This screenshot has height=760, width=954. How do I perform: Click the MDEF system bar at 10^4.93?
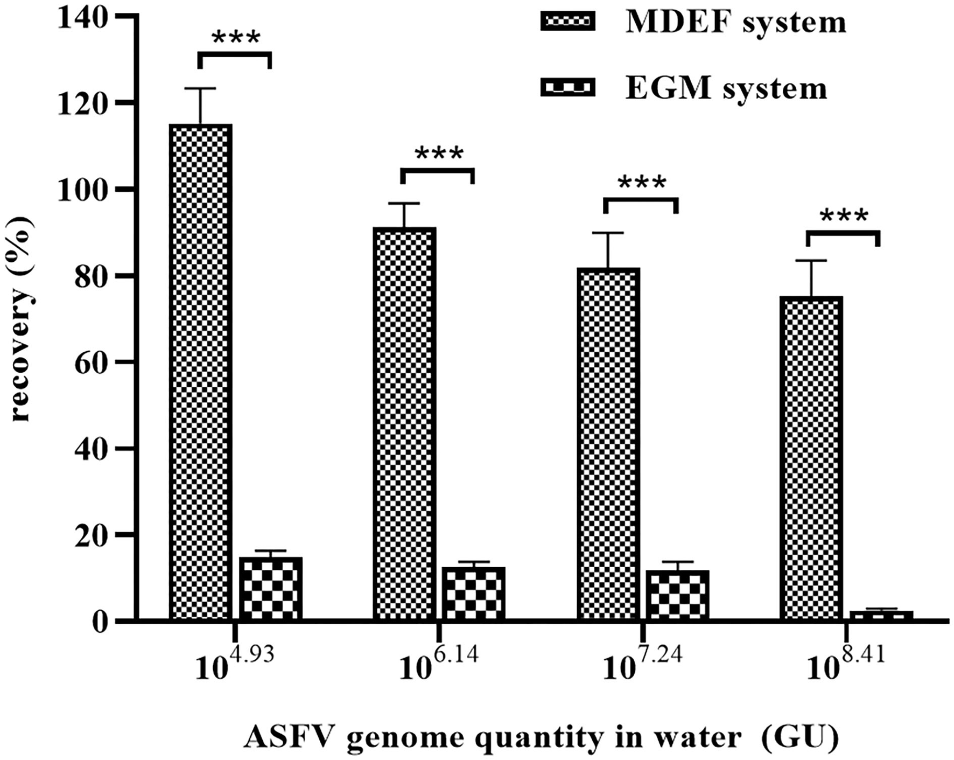point(200,372)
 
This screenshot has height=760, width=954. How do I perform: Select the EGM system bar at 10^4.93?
point(270,589)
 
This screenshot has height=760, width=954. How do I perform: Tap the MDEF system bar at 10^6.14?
point(404,423)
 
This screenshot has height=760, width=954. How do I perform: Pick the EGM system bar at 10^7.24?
point(677,595)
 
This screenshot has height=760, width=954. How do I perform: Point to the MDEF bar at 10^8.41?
point(811,458)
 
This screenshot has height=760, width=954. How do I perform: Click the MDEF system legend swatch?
point(567,22)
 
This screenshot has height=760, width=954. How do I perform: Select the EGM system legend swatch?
point(567,87)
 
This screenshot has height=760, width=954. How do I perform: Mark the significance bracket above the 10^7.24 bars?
point(641,200)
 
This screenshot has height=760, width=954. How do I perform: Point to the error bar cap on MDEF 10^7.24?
point(608,233)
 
